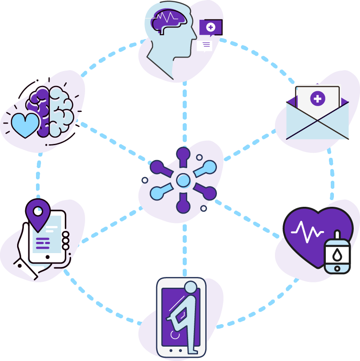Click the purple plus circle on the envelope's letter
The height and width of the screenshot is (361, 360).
[318, 99]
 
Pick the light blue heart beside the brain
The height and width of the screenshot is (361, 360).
[25, 125]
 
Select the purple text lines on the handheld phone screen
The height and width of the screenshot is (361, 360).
[43, 243]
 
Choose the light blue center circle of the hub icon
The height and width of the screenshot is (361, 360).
[183, 180]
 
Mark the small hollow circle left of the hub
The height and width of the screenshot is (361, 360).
[144, 180]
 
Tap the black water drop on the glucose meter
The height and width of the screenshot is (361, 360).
[337, 254]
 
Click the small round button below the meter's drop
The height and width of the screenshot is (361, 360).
[337, 268]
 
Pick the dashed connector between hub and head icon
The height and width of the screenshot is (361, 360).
[184, 112]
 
